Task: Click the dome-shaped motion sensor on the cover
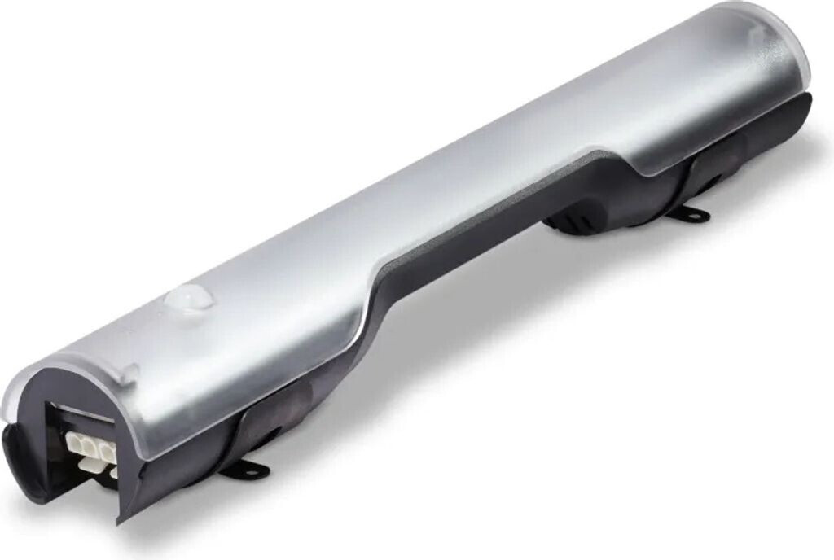(189, 299)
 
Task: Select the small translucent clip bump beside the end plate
(129, 374)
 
